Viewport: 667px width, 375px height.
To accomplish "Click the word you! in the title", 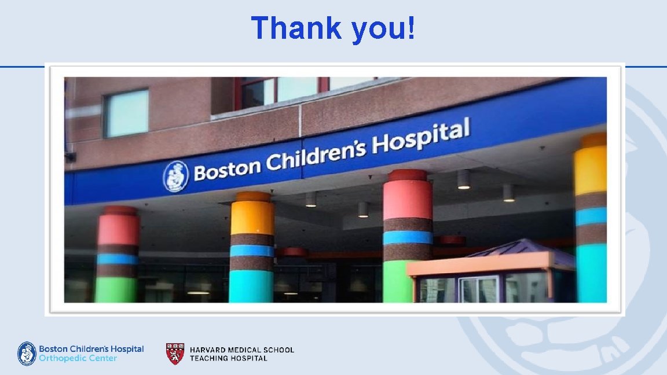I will click(383, 28).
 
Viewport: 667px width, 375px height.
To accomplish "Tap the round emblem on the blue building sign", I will click(175, 176).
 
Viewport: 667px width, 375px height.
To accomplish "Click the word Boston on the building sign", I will click(227, 168).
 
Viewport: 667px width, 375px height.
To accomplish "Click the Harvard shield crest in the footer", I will click(175, 354).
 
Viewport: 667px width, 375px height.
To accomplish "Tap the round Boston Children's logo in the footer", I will click(27, 354).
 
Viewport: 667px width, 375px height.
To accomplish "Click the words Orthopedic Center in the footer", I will click(78, 359).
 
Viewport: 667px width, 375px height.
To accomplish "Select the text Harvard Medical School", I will click(241, 350).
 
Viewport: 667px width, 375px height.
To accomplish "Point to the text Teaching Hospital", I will click(228, 358).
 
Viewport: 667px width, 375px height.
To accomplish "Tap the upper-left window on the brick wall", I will click(126, 113).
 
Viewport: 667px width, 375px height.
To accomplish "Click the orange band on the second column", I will click(252, 218).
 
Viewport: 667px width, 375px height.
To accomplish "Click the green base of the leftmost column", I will click(116, 289).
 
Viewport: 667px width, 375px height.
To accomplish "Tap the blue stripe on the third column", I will click(408, 237).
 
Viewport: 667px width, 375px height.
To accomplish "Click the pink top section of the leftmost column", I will click(118, 229).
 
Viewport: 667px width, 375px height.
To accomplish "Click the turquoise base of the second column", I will click(251, 286).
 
